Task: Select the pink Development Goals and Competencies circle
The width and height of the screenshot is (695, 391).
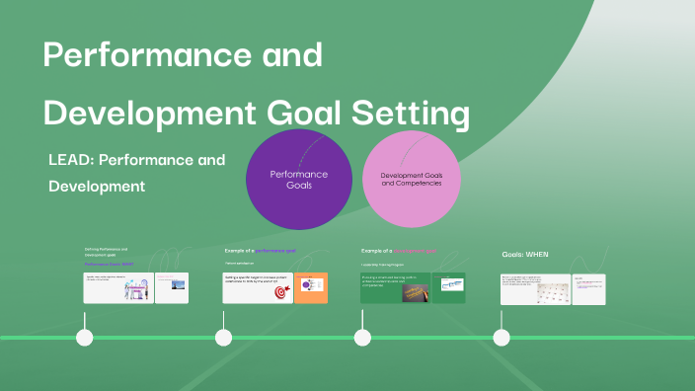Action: point(411,179)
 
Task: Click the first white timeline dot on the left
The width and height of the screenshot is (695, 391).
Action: point(85,338)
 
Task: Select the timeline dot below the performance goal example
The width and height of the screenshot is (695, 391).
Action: point(224,338)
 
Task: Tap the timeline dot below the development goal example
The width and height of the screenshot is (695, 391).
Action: point(362,338)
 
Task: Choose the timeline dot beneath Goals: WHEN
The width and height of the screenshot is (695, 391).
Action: point(502,338)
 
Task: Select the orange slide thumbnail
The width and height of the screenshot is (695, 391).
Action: point(312,287)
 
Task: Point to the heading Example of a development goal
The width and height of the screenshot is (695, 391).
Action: point(399,251)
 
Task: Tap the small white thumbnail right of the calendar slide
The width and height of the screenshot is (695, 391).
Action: point(589,288)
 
